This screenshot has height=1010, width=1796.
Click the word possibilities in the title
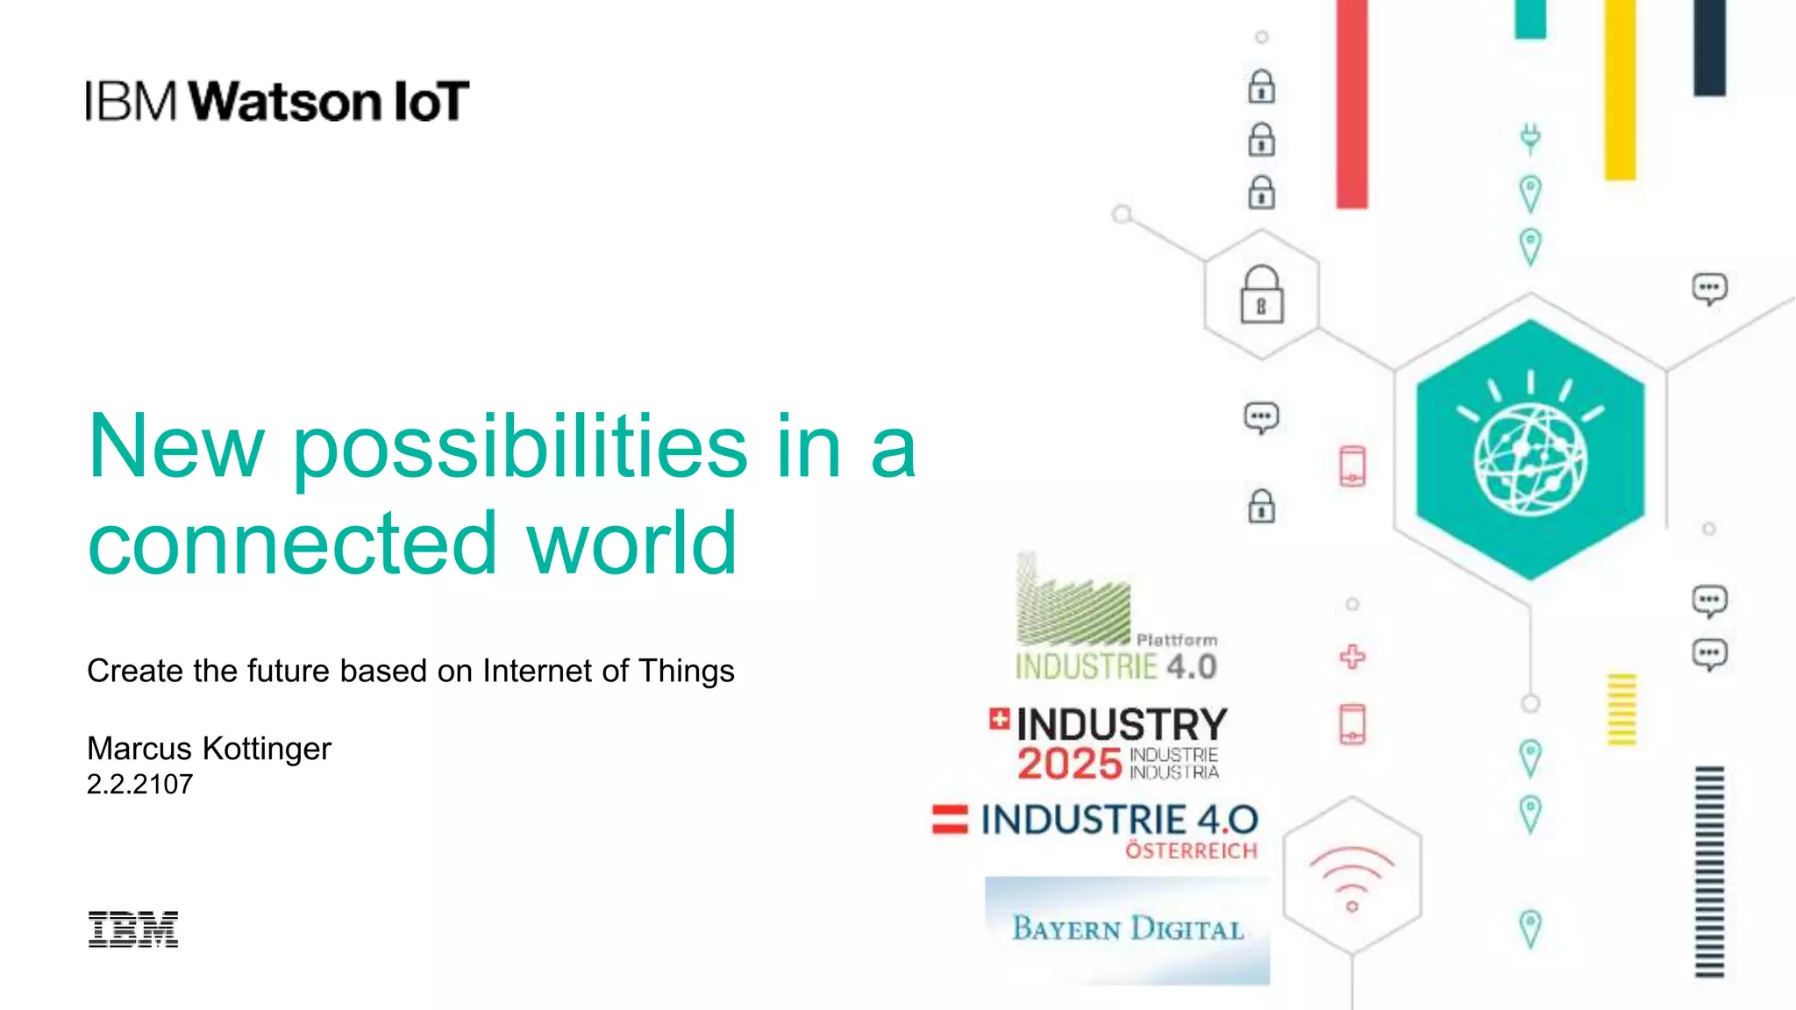(519, 449)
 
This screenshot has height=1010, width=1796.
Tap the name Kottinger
(267, 749)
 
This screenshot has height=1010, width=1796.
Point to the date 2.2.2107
(139, 784)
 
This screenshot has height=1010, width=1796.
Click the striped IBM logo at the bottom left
(133, 929)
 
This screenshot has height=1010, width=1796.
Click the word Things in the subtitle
(686, 671)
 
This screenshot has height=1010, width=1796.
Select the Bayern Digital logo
(1128, 929)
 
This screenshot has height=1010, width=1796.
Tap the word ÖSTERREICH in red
(1191, 851)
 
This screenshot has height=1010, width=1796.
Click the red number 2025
(1069, 764)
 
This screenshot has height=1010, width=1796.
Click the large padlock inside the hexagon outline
(1262, 295)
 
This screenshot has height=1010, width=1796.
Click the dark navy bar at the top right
(1709, 47)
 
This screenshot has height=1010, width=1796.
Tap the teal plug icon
(1530, 139)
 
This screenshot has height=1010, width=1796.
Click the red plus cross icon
(1352, 657)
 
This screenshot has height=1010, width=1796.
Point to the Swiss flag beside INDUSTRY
(999, 719)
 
